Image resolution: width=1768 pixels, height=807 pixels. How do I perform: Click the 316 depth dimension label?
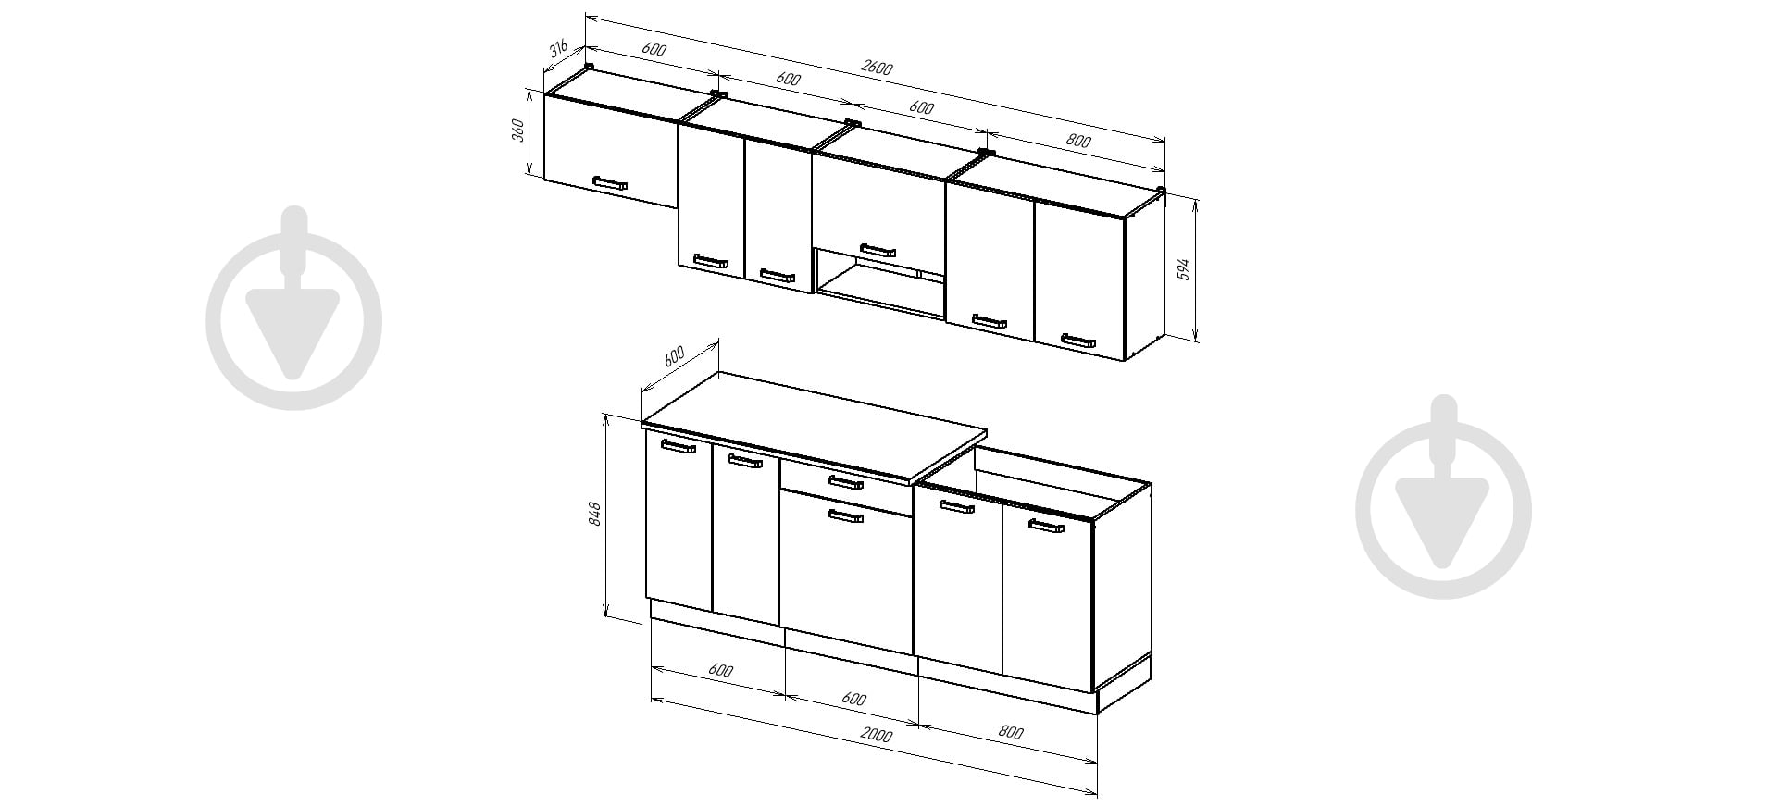click(558, 49)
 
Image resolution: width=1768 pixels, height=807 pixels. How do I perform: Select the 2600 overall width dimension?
click(877, 68)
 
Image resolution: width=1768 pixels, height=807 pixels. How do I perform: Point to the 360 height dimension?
click(519, 130)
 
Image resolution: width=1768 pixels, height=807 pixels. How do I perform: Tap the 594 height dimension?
click(1182, 269)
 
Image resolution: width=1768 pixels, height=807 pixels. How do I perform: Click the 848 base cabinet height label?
click(595, 515)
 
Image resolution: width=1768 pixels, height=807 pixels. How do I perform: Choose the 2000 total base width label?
click(876, 736)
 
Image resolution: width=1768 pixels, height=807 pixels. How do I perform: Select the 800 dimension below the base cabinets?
click(1011, 733)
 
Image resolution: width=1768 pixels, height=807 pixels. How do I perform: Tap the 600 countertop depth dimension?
click(673, 356)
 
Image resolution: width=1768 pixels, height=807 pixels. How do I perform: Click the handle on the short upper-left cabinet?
click(610, 182)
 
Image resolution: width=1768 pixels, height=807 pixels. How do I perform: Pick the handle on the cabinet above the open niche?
click(878, 250)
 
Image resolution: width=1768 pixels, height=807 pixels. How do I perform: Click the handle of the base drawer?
click(846, 482)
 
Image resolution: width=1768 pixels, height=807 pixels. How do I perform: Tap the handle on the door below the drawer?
click(845, 516)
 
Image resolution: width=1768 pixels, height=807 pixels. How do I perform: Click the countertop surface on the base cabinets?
click(815, 426)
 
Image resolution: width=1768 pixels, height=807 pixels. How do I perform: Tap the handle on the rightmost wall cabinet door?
click(1078, 341)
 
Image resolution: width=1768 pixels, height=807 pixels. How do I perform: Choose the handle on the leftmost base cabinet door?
click(679, 447)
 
